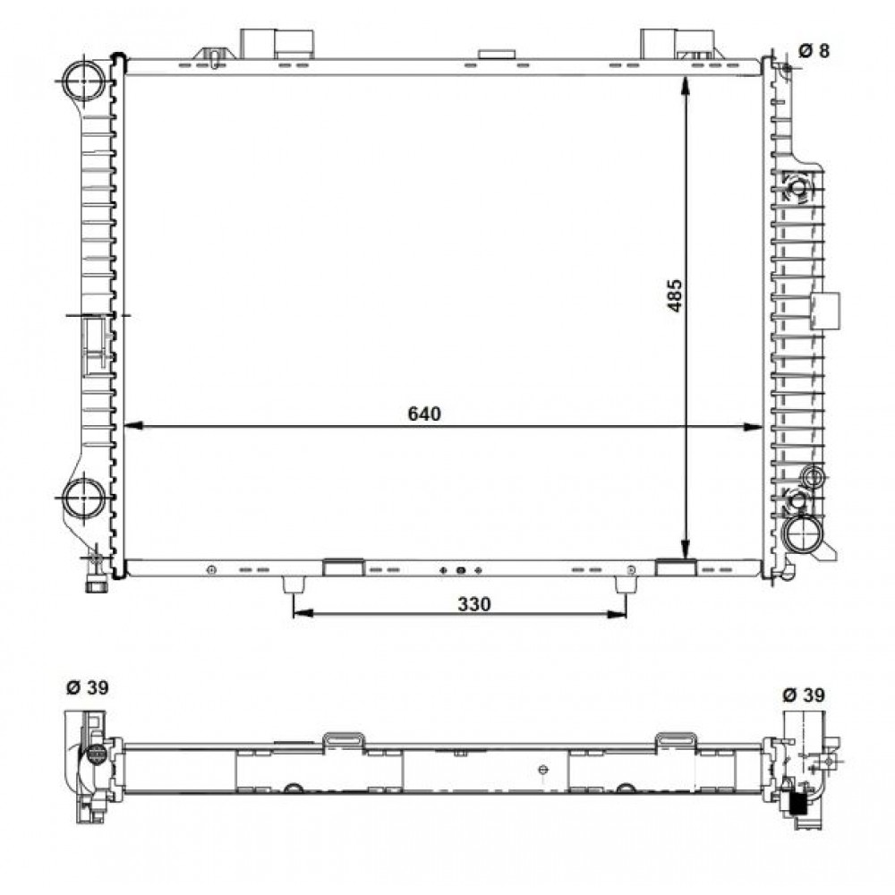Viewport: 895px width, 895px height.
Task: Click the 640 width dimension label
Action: coord(424,413)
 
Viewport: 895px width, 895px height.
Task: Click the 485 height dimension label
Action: coord(675,295)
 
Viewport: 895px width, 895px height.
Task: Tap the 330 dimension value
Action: coord(473,603)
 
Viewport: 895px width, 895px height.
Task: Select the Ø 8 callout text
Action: coord(814,51)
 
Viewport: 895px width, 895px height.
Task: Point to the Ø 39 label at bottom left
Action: coord(88,687)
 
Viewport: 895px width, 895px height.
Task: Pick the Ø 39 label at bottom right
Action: coord(804,695)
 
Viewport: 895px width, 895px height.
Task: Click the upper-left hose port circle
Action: coord(84,81)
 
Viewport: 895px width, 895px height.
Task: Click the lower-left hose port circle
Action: coord(84,498)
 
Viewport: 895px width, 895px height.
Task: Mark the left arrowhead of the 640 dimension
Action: coord(133,426)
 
